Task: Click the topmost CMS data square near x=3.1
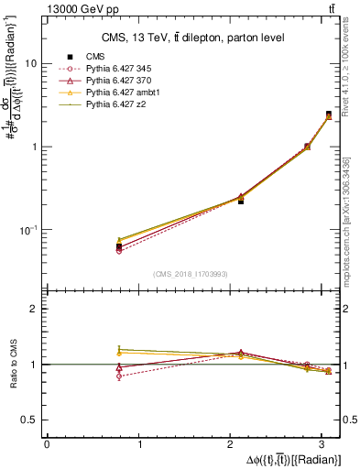(x=328, y=115)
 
